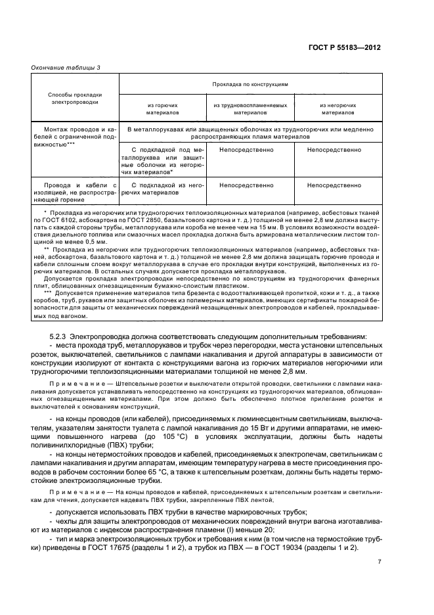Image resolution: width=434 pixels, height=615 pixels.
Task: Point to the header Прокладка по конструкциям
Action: coord(250,85)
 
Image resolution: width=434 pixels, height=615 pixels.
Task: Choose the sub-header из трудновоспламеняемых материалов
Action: coord(250,108)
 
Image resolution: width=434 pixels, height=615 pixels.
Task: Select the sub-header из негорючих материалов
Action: coord(337,108)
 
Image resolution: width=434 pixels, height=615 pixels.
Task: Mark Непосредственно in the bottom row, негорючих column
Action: coord(337,185)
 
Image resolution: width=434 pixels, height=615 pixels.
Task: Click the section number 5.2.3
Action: coord(56,337)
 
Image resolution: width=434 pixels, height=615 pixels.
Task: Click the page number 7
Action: coord(379,580)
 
